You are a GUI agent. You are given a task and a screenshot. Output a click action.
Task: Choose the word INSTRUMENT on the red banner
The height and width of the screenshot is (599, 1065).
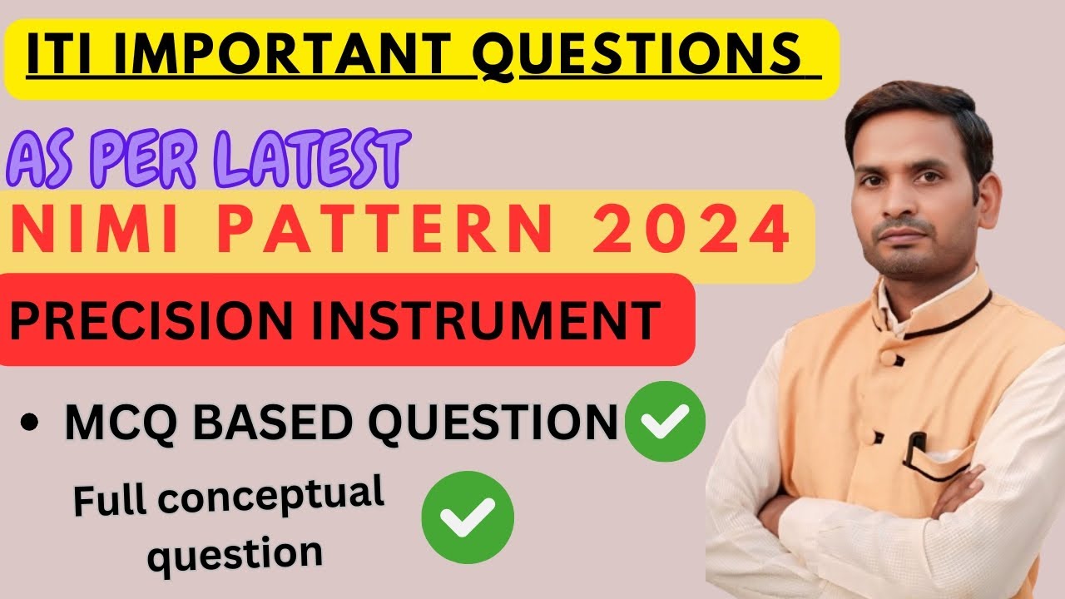pos(482,319)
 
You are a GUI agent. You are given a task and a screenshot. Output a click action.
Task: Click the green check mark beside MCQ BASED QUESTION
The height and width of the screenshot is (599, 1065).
pos(665,422)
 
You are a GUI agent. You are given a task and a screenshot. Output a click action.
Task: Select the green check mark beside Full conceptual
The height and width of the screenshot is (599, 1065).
pos(468,517)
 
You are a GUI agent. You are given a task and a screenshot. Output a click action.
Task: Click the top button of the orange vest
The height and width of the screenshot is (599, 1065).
pos(889,358)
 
